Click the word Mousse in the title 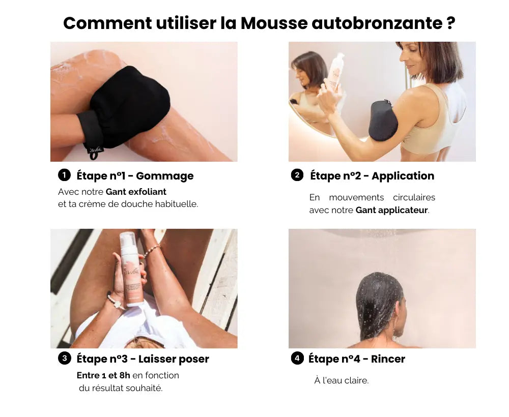(x=274, y=23)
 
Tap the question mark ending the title (x=451, y=23)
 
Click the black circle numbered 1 (x=64, y=175)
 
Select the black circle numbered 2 (x=297, y=175)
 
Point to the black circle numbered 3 (x=65, y=359)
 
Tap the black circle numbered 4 (x=297, y=359)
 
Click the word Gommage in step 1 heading (x=164, y=176)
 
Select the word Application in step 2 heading (x=403, y=176)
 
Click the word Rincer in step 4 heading (x=388, y=359)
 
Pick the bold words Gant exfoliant (x=136, y=192)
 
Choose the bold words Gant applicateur (x=391, y=210)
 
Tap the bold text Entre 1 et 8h (x=103, y=375)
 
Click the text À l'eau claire (x=341, y=380)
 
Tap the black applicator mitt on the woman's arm (x=383, y=120)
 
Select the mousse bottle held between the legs (x=131, y=269)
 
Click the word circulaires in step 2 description (x=414, y=197)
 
